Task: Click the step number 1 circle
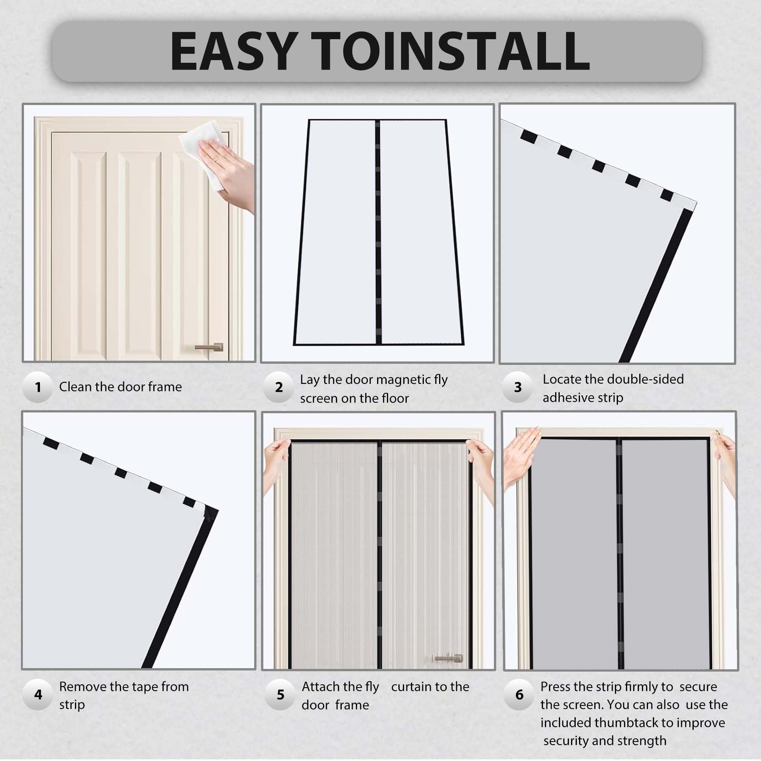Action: tap(38, 387)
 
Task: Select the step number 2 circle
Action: tap(279, 387)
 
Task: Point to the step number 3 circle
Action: tap(517, 387)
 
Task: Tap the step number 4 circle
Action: tap(38, 694)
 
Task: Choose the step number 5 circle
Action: tap(280, 694)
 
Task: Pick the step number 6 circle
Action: tap(519, 694)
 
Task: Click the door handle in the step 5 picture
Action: tap(448, 658)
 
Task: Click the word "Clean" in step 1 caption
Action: tap(75, 387)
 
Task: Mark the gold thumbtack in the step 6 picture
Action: tap(717, 433)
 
